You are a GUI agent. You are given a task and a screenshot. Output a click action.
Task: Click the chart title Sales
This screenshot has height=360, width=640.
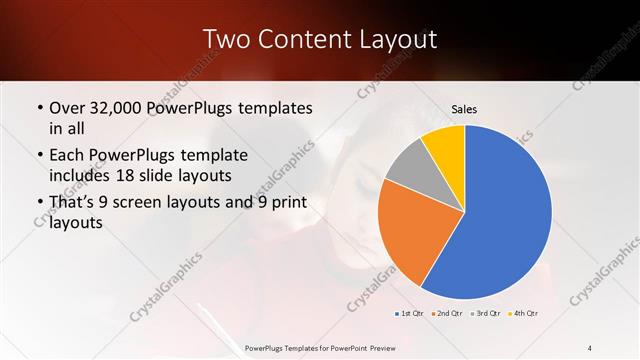(x=464, y=108)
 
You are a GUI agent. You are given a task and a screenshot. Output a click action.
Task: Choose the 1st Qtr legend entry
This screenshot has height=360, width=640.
(x=409, y=314)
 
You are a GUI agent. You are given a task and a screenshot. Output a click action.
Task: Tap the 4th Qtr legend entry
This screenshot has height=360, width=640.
(x=523, y=314)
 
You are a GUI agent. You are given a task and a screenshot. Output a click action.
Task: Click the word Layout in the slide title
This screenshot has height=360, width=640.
(x=395, y=39)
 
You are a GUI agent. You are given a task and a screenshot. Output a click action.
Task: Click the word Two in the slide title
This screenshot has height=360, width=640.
(x=225, y=39)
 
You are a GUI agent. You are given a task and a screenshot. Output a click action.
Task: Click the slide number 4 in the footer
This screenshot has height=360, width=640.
(x=590, y=347)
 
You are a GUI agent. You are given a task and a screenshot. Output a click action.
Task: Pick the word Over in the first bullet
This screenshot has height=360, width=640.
(x=67, y=108)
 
